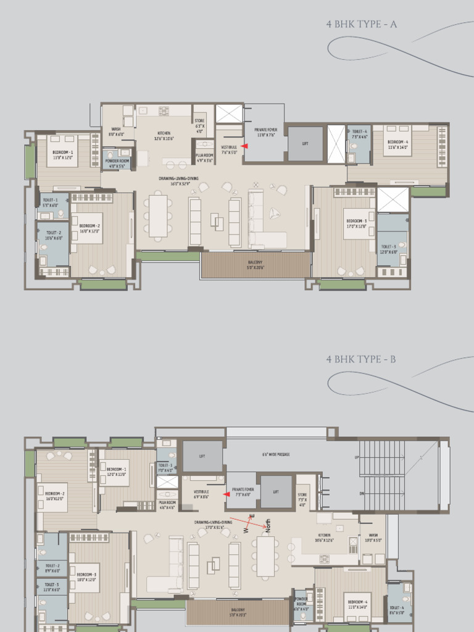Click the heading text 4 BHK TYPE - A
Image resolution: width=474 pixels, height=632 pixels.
click(361, 25)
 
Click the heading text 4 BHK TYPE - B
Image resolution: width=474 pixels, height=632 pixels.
click(361, 359)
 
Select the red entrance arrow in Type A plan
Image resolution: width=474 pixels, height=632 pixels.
click(244, 146)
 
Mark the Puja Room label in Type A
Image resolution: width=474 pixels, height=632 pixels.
click(204, 158)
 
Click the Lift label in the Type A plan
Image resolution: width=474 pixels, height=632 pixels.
click(305, 143)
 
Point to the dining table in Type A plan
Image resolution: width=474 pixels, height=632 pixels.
click(158, 216)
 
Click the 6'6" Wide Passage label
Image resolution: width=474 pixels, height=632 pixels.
click(276, 455)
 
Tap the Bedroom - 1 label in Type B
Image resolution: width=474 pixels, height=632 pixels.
click(116, 471)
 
